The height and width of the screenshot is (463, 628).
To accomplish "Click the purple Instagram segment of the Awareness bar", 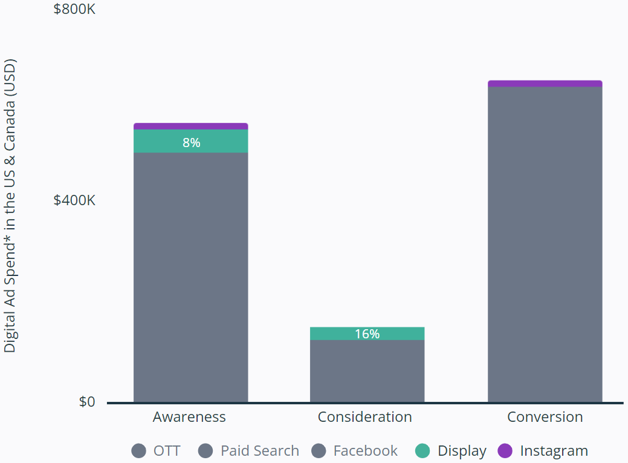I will point(190,126).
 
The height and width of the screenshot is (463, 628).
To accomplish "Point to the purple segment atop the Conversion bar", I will point(545,84).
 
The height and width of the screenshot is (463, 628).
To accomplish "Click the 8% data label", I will point(191,143).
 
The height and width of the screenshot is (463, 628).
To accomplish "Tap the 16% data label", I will point(367,334).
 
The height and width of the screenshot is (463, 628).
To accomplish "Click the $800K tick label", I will point(74,10).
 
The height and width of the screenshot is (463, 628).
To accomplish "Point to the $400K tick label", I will point(74,200).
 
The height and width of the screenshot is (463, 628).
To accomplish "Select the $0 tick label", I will point(87,402).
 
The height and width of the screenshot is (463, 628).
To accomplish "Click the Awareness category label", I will point(189,417).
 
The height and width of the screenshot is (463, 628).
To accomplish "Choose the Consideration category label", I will point(364,417).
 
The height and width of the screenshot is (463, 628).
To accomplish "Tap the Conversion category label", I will point(545,417).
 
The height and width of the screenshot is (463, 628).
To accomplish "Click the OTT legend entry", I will point(156,451).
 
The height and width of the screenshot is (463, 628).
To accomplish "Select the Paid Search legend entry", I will point(249,451).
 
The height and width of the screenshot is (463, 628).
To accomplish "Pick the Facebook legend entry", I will point(355,451).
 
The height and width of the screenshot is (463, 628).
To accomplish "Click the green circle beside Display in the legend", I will point(423,451).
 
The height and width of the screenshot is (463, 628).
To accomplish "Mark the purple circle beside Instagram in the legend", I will point(505,451).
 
